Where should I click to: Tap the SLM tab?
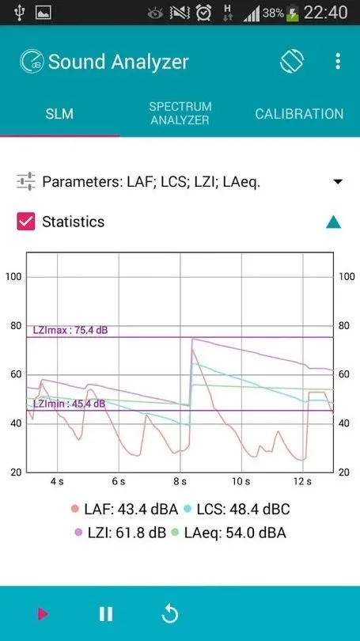(59, 114)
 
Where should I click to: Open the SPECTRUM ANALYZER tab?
(180, 113)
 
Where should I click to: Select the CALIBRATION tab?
(299, 114)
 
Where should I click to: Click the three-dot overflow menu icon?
(338, 62)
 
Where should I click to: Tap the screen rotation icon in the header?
(292, 62)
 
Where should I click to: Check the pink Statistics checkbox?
(26, 222)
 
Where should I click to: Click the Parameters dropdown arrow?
(338, 182)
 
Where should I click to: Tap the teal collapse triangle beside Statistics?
(334, 222)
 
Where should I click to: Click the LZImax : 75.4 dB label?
(70, 330)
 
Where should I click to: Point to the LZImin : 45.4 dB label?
(69, 404)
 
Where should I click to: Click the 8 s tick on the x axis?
(180, 481)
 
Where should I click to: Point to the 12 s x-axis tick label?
(302, 481)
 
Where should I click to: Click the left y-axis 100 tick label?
(13, 276)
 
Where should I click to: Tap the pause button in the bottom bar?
(105, 613)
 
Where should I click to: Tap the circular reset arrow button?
(169, 613)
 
